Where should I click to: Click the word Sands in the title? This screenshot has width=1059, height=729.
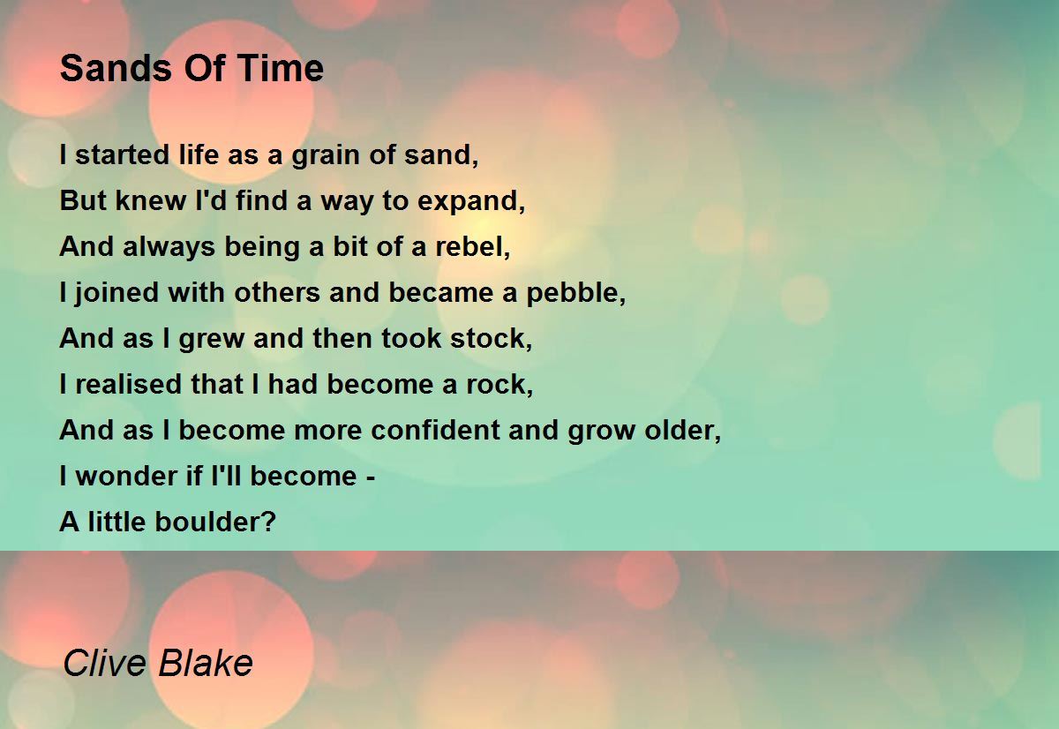[x=116, y=68]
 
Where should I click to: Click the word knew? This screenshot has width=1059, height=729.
[x=151, y=200]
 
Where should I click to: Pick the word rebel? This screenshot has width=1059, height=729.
[x=473, y=246]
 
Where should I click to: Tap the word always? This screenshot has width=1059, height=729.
[x=169, y=247]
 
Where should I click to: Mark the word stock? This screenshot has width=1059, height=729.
[x=491, y=339]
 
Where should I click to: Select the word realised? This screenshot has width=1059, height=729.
[x=128, y=384]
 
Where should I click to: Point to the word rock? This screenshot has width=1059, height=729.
[x=499, y=384]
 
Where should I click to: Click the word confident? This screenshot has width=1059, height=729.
[x=435, y=430]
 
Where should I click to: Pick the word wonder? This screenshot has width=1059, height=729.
[x=126, y=476]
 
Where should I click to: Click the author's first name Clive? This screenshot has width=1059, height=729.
[x=105, y=663]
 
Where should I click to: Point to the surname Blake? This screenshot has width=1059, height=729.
[x=206, y=663]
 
